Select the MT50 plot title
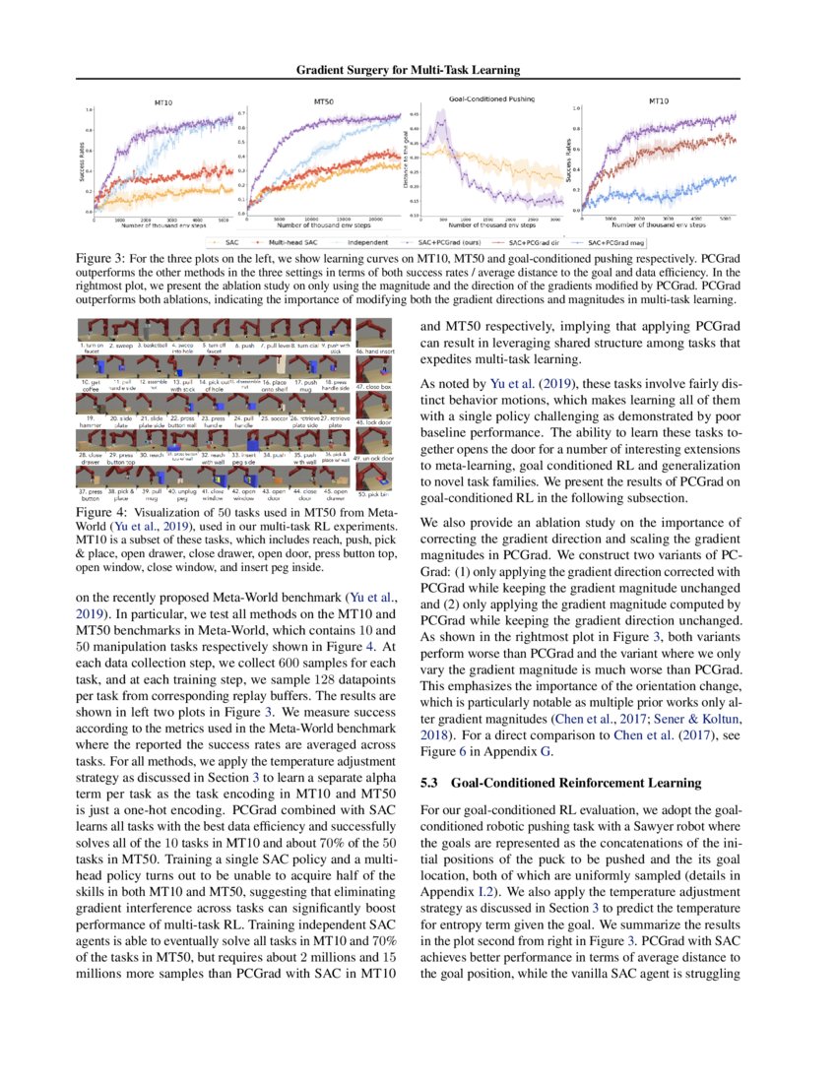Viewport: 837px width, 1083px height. click(x=322, y=101)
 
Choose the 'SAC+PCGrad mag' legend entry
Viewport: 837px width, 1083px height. click(x=622, y=241)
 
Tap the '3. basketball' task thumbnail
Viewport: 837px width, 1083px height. click(x=153, y=329)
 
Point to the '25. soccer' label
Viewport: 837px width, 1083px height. click(x=272, y=418)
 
